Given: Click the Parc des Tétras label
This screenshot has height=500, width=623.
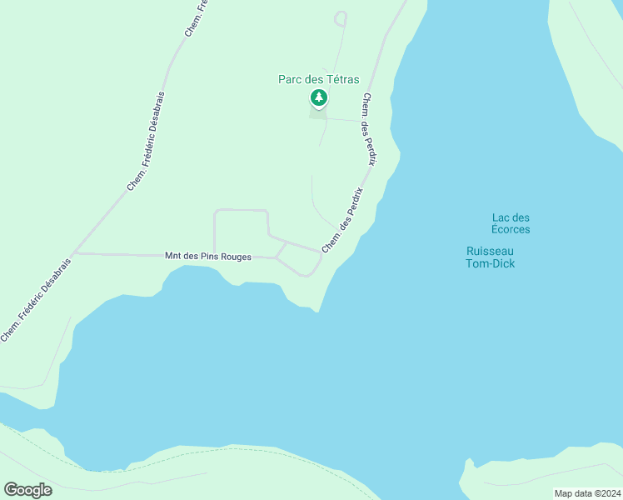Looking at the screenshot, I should click(318, 80).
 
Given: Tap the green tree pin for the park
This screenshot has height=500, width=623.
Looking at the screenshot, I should click(318, 98).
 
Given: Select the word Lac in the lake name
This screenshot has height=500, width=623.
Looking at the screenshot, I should click(500, 218).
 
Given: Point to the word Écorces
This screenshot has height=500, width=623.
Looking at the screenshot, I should click(511, 229).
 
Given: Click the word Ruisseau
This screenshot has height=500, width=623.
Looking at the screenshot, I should click(490, 251).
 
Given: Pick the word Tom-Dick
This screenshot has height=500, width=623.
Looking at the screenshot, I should click(490, 264).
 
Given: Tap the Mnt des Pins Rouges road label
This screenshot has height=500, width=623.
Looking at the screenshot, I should click(209, 257).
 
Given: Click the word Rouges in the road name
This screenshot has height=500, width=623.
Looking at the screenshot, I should click(235, 257).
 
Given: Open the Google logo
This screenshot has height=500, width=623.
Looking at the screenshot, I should click(27, 489).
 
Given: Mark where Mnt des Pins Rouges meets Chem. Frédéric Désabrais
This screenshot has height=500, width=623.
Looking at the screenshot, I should click(74, 253).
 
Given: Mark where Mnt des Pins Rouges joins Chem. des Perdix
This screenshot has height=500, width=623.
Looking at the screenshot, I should click(321, 252).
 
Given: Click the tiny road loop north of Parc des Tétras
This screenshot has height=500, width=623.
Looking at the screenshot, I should click(340, 17).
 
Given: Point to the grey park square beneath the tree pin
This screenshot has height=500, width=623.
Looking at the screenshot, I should click(318, 113).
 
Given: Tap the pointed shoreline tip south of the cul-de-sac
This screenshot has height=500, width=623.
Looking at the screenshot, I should click(318, 312).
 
